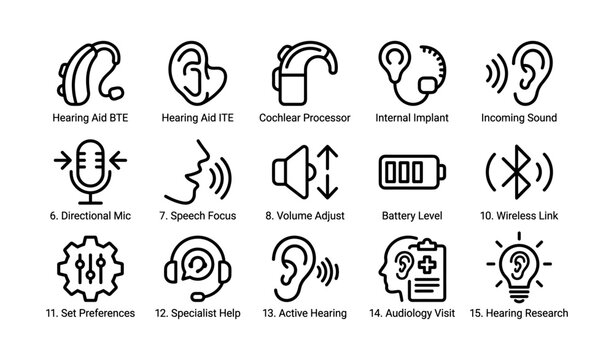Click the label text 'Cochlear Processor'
click(x=304, y=118)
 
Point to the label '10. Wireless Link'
click(x=519, y=215)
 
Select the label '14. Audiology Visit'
click(x=411, y=313)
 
